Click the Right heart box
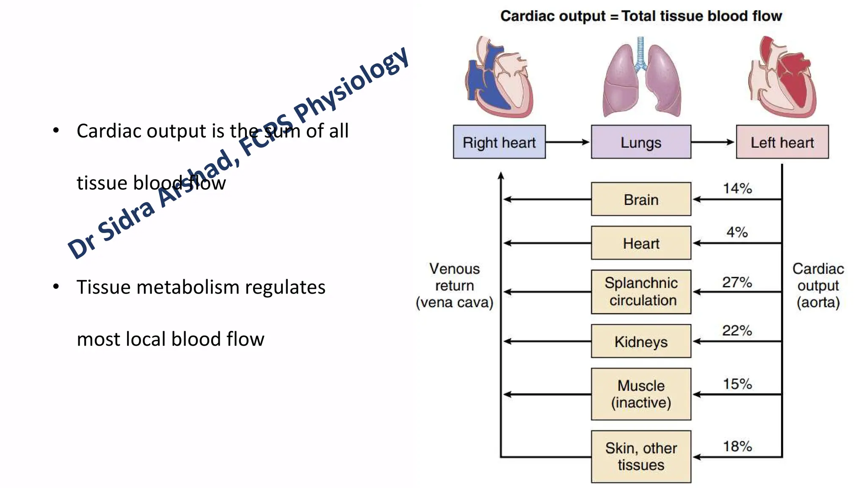(499, 142)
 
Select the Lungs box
(641, 142)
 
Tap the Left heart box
(782, 142)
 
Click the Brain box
(641, 199)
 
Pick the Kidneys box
(641, 341)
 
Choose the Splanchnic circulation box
(641, 291)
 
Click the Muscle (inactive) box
(641, 394)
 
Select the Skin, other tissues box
(641, 456)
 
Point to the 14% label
(737, 189)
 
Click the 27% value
(737, 282)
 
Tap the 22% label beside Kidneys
(737, 330)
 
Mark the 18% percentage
(737, 446)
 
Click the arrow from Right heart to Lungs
(568, 142)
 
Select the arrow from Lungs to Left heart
(713, 142)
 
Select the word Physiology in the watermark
(351, 83)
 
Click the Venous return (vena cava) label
(454, 286)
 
